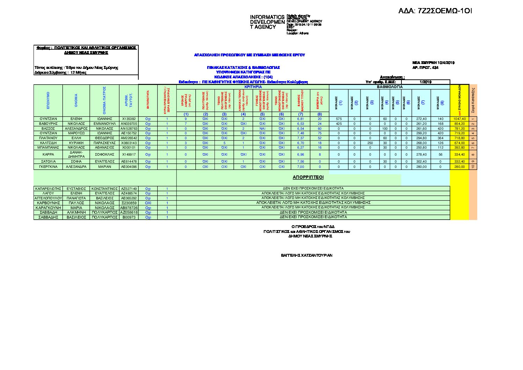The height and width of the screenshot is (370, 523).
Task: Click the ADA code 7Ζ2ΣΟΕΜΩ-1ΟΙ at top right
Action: (x=435, y=11)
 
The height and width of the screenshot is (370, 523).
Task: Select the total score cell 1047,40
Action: (x=459, y=119)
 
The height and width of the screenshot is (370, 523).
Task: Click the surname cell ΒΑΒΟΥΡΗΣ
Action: (x=48, y=124)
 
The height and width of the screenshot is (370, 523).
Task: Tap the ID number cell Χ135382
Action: (x=129, y=119)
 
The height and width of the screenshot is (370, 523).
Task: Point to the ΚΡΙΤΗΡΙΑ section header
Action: (x=253, y=87)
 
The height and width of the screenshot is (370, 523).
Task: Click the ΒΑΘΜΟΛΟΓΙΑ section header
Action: (x=390, y=87)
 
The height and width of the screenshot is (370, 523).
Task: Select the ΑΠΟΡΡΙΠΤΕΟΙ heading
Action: (x=308, y=177)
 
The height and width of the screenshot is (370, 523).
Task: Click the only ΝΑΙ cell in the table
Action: (x=262, y=129)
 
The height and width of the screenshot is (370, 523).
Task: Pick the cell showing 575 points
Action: (x=339, y=119)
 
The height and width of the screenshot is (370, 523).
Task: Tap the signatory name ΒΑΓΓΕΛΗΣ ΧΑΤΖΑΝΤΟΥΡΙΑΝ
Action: (x=306, y=255)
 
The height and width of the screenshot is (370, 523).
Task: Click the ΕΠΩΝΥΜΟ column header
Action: (x=48, y=100)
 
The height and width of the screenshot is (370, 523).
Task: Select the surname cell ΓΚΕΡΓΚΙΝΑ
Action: (x=48, y=167)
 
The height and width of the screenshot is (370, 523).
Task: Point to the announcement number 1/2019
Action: (x=426, y=82)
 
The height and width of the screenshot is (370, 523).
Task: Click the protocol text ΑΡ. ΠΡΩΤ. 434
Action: (x=425, y=67)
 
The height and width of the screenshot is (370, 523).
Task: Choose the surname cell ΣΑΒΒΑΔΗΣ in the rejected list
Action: (x=48, y=217)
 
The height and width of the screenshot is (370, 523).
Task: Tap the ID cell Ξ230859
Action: (x=129, y=203)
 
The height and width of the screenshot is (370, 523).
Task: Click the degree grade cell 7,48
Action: (x=300, y=133)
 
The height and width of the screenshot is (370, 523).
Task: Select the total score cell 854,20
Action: (x=459, y=124)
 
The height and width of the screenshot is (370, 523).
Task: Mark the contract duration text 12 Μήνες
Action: (x=78, y=73)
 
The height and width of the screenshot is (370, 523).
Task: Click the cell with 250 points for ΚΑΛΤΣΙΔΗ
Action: (x=370, y=143)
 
